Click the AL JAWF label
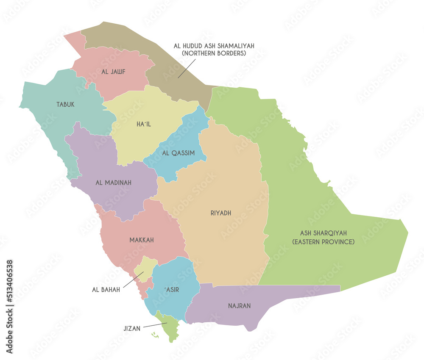[x=113, y=72]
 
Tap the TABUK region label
[x=65, y=104]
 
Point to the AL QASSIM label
[x=179, y=152]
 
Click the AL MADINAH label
[x=113, y=183]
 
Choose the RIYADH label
[x=220, y=213]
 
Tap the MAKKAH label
[x=142, y=240]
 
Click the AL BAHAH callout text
[x=106, y=290]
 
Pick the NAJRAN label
[x=239, y=305]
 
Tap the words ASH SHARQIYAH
[x=323, y=233]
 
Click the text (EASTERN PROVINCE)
[x=323, y=241]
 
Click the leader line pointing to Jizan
[x=155, y=325]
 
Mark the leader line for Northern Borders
[x=187, y=68]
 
